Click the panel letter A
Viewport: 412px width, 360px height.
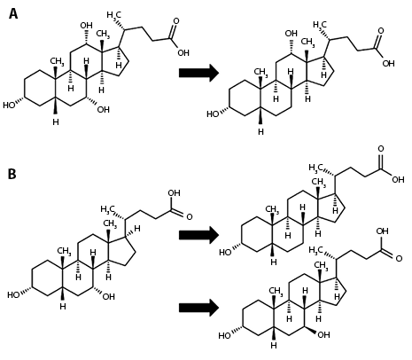click(x=13, y=13)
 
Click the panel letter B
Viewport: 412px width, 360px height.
click(x=12, y=174)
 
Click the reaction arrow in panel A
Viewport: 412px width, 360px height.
click(x=198, y=73)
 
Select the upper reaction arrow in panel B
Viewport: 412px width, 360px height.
click(x=198, y=235)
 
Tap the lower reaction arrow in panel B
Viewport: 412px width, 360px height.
click(x=198, y=308)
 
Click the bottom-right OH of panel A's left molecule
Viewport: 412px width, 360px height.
click(x=104, y=110)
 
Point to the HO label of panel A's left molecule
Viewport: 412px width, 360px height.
click(x=9, y=105)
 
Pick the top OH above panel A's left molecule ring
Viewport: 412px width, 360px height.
click(x=86, y=26)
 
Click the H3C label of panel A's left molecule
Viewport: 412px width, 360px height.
click(x=114, y=15)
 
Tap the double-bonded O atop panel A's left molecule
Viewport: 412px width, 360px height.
click(x=176, y=21)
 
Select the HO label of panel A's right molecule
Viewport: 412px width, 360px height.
click(x=213, y=113)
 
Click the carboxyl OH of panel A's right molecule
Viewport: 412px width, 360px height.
click(x=388, y=64)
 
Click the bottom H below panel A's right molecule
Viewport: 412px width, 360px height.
click(x=260, y=132)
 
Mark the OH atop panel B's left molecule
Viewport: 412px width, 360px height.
click(x=174, y=193)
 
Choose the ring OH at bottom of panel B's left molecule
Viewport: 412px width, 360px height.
click(x=108, y=296)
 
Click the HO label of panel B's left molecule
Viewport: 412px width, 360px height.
click(x=13, y=294)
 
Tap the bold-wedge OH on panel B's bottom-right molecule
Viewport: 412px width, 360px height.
click(x=323, y=335)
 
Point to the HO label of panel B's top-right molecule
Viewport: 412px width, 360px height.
click(x=225, y=253)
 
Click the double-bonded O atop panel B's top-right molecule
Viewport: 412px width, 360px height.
click(x=381, y=149)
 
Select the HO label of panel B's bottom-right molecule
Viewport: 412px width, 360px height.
click(x=224, y=335)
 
